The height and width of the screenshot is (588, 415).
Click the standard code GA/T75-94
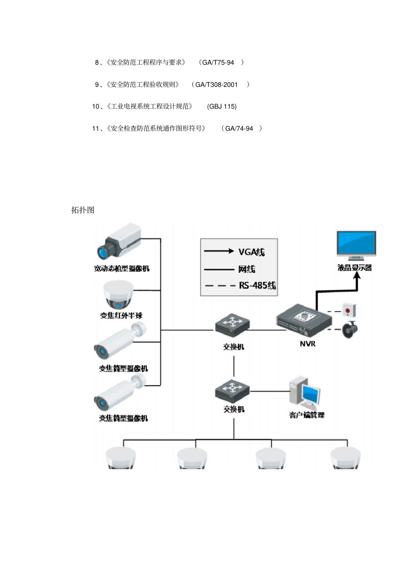218,63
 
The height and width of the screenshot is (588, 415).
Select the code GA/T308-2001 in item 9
216,84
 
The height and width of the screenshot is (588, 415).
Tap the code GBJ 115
222,106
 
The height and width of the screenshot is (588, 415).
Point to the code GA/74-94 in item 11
239,129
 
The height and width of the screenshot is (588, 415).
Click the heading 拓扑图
83,210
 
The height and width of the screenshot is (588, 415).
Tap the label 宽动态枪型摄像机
121,268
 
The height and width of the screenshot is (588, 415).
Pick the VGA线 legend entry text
252,252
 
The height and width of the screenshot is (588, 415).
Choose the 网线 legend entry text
247,269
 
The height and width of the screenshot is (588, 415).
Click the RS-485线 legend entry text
257,285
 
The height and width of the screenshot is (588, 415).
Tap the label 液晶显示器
354,268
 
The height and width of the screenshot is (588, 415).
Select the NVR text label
308,344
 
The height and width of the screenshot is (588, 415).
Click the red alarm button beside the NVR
348,310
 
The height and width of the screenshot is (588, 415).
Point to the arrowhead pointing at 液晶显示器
356,277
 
